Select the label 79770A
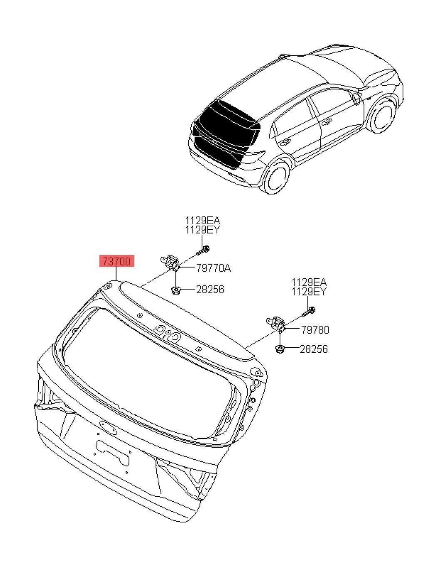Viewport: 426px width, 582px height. coord(213,268)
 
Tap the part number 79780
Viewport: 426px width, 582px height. coord(315,330)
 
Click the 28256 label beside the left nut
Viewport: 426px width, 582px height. coord(210,289)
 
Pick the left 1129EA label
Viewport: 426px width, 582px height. coord(203,221)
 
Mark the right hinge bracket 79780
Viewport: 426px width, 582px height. coord(275,323)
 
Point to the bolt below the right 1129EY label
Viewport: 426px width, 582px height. coord(310,310)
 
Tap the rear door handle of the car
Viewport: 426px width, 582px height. coord(285,142)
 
